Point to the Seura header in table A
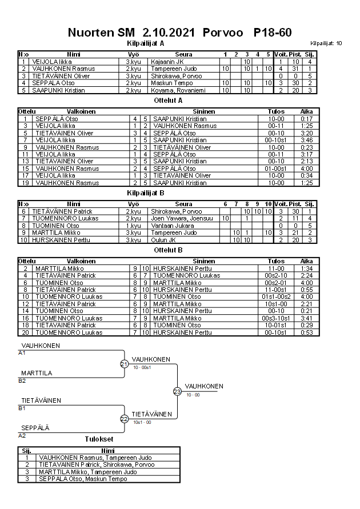tap(183, 54)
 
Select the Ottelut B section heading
tap(169, 250)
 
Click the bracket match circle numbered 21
tap(124, 364)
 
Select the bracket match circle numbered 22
tap(124, 419)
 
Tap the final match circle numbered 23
tap(177, 391)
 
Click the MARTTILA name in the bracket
tap(37, 373)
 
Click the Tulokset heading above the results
tap(99, 439)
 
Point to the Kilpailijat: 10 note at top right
tap(326, 43)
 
